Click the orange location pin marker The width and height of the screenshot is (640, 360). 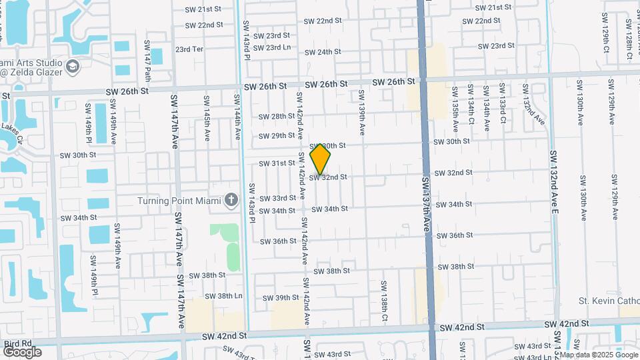pos(321,159)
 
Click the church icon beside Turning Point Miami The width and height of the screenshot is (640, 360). pos(231,200)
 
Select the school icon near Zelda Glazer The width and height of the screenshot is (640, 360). pos(71,67)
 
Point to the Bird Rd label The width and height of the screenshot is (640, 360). pos(18,343)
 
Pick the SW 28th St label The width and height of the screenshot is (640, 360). pos(277,116)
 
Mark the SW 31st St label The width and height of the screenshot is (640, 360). pos(277,163)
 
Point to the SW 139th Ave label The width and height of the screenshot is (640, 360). pos(362,113)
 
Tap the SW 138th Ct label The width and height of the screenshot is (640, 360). pos(385,301)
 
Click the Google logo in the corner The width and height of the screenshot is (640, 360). pos(22,352)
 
